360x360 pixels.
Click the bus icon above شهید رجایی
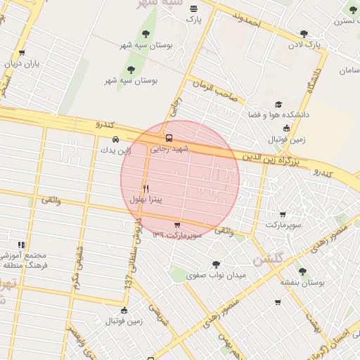coord(168,138)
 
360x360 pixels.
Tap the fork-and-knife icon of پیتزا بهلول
coord(146,188)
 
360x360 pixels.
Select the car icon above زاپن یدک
coord(115,139)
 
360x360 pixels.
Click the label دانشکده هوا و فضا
coord(277,114)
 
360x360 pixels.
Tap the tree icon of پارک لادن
coord(304,34)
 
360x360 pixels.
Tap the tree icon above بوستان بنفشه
coord(302,271)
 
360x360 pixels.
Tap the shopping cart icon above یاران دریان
coord(22,53)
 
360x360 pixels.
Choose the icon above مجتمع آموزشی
coord(21,245)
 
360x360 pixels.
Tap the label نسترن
coord(343,21)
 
